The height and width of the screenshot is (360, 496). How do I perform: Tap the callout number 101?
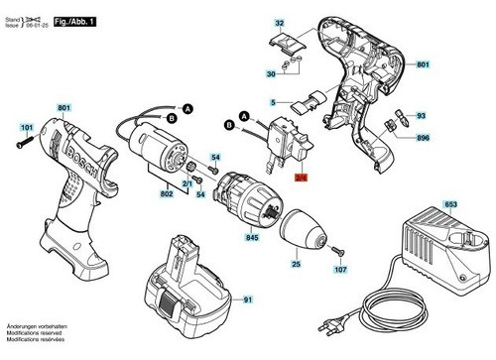click(x=27, y=126)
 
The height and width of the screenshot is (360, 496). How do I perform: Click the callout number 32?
click(x=279, y=22)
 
